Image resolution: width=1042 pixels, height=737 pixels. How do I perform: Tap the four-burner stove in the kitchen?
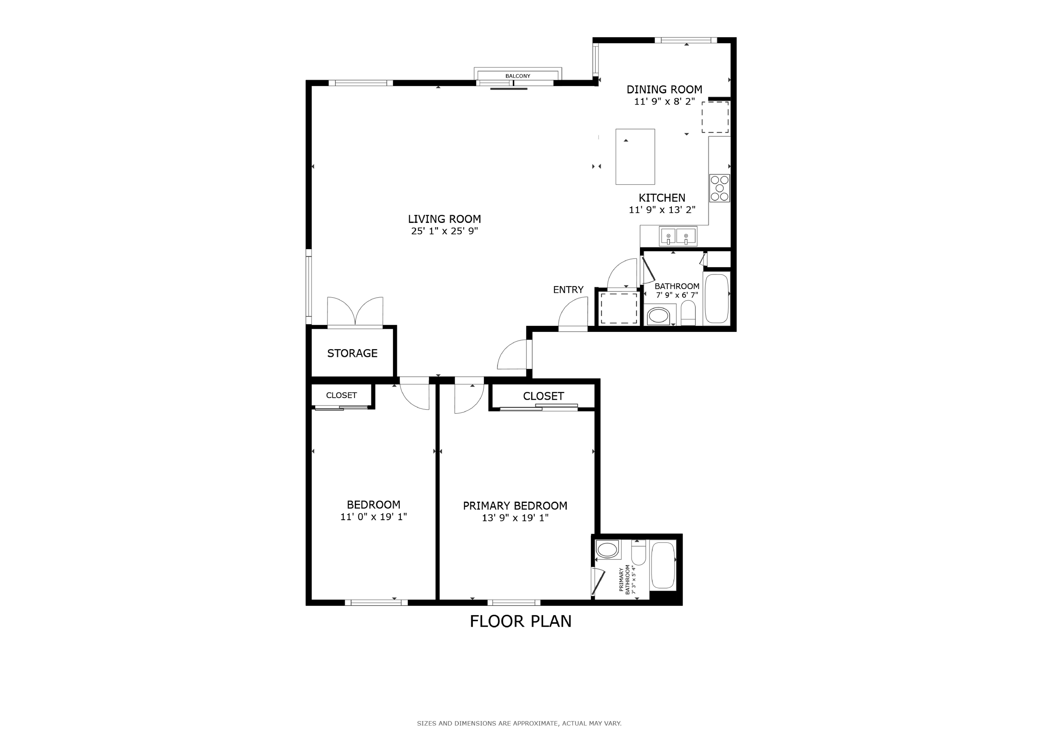(x=719, y=188)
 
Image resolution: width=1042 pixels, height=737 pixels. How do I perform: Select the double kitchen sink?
(x=678, y=237)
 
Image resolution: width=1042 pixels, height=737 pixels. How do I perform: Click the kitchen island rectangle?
(x=635, y=157)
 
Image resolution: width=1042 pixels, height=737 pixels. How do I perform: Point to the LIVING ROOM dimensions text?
(x=444, y=231)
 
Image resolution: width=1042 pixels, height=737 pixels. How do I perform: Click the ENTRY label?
(x=568, y=290)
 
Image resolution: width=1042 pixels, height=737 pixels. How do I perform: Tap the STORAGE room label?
(x=352, y=353)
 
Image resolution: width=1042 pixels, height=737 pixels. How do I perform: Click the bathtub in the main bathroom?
(x=717, y=298)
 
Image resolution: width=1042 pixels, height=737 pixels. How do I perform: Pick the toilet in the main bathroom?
(x=688, y=313)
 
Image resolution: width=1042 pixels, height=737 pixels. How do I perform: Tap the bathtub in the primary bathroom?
(x=663, y=565)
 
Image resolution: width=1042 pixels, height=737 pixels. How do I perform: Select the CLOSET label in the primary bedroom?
(x=543, y=396)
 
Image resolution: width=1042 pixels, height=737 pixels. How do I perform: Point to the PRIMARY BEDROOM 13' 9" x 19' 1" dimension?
(x=515, y=518)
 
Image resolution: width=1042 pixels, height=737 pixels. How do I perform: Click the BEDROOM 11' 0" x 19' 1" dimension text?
(x=373, y=517)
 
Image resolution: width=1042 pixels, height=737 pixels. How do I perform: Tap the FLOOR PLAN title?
(x=521, y=621)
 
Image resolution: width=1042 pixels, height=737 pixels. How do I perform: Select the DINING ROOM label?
(x=664, y=90)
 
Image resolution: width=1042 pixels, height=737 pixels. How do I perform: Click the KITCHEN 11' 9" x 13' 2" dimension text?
(x=662, y=210)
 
